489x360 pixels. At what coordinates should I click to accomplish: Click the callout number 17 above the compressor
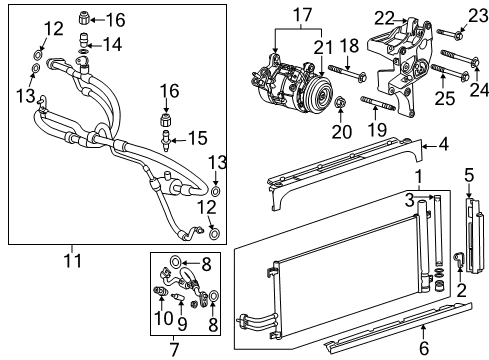(x=302, y=16)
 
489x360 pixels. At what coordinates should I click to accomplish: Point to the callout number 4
(x=442, y=145)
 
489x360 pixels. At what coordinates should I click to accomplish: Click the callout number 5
(x=470, y=175)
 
